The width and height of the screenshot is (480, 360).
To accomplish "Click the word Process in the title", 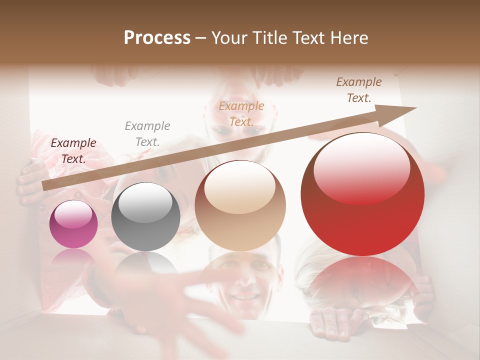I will (157, 38).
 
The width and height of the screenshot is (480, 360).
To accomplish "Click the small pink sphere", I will (73, 224).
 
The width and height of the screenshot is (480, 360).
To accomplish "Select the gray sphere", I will (145, 216).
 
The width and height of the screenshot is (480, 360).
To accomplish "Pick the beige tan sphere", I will (240, 205).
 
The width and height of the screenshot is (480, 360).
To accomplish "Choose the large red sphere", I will (362, 194).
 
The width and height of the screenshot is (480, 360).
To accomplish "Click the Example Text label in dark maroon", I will (73, 151).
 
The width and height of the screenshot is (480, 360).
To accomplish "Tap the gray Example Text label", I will (147, 134).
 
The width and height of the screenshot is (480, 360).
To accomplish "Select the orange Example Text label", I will (241, 114).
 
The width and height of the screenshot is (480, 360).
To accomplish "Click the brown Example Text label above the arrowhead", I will (359, 90).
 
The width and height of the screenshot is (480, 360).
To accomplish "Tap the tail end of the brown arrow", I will (45, 186).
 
